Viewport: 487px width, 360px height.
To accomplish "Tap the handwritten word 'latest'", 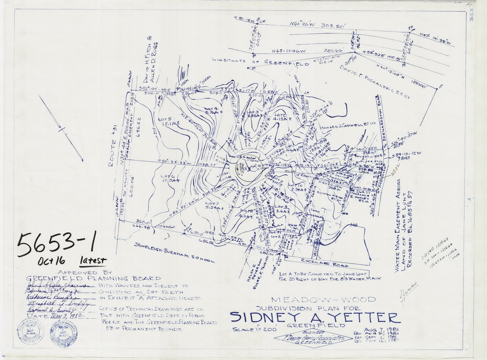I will [93, 261].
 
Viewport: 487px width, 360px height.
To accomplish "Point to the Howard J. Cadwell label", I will [347, 127].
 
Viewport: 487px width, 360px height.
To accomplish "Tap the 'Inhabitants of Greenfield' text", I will [260, 62].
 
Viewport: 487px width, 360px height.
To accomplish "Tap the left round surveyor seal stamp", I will [30, 331].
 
